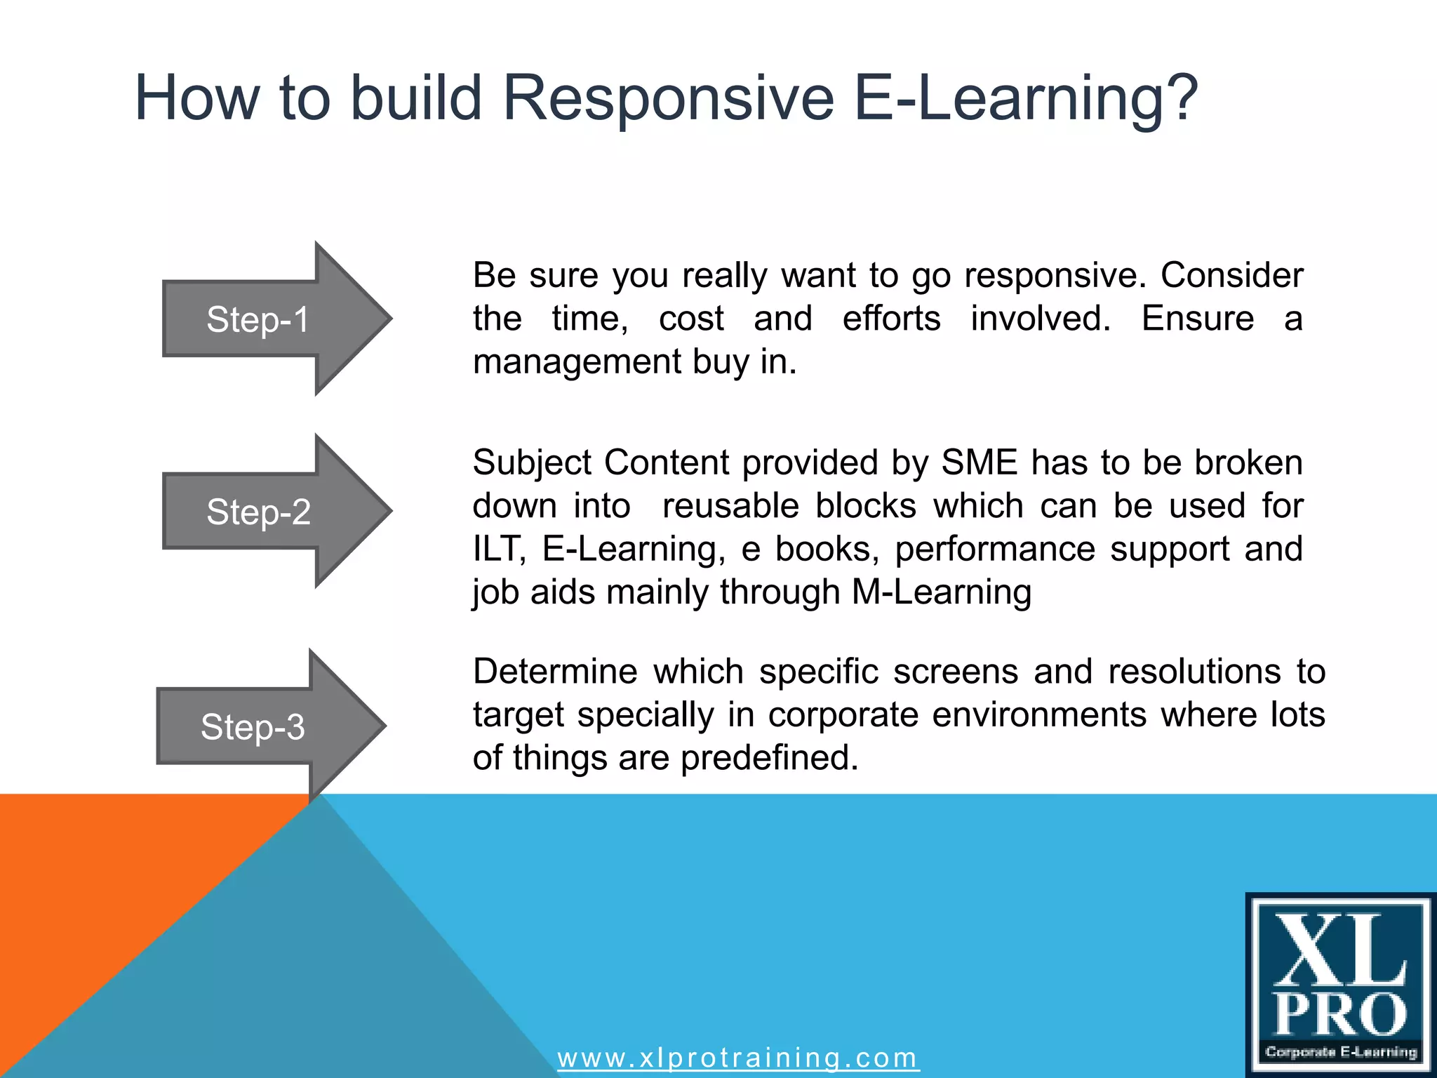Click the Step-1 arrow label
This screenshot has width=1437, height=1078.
coord(258,320)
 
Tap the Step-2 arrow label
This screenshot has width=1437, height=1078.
coord(258,512)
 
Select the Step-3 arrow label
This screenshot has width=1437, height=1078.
coord(253,727)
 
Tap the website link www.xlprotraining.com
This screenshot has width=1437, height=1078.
coord(737,1058)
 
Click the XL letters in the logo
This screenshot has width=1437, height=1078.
coord(1339,951)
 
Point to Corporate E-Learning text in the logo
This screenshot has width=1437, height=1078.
coord(1341,1052)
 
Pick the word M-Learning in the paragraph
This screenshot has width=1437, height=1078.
coord(941,592)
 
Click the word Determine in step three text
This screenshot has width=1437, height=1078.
coord(555,672)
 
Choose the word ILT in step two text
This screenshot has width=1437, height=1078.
coord(498,549)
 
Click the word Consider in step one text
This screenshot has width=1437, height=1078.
coord(1231,275)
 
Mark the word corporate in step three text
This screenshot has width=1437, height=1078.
coord(843,715)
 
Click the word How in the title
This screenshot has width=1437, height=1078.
coord(197,98)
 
